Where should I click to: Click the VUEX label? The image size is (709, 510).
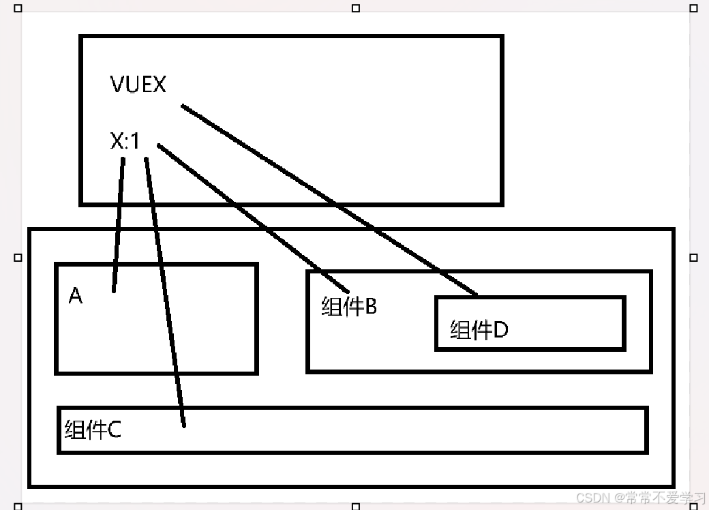pyautogui.click(x=138, y=85)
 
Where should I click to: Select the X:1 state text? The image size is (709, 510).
pyautogui.click(x=125, y=142)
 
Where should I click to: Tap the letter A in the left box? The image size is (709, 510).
pyautogui.click(x=76, y=297)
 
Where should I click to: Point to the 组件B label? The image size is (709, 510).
pyautogui.click(x=349, y=307)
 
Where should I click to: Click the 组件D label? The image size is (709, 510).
pyautogui.click(x=479, y=331)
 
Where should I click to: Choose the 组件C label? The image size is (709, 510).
pyautogui.click(x=93, y=430)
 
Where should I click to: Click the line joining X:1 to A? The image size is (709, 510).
pyautogui.click(x=119, y=225)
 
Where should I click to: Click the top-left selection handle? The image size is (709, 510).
pyautogui.click(x=18, y=8)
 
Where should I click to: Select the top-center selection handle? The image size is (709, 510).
pyautogui.click(x=355, y=8)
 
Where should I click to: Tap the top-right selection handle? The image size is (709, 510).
pyautogui.click(x=693, y=8)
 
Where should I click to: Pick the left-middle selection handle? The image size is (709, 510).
pyautogui.click(x=18, y=258)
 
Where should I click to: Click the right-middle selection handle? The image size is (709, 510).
pyautogui.click(x=693, y=258)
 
